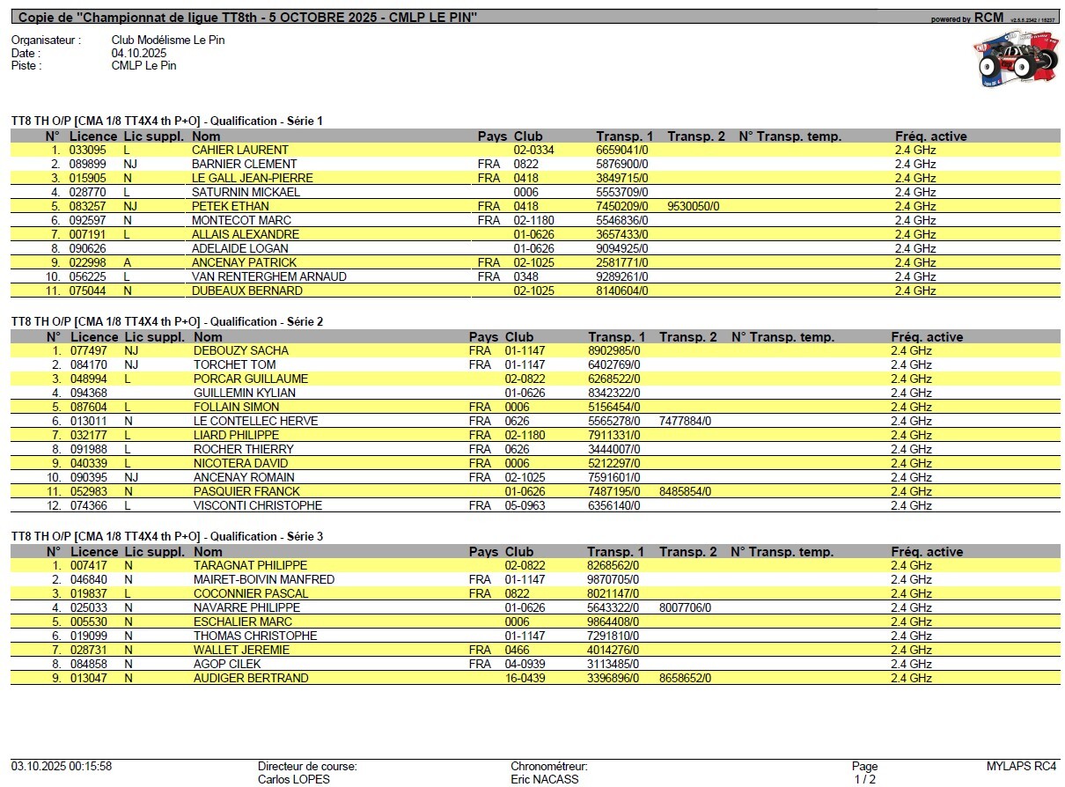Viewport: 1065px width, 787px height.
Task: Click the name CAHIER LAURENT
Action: pyautogui.click(x=239, y=150)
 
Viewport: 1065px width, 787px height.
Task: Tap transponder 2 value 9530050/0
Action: pyautogui.click(x=694, y=206)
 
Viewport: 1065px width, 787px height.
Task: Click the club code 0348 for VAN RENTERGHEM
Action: pyautogui.click(x=526, y=276)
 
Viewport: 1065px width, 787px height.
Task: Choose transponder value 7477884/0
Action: pyautogui.click(x=685, y=421)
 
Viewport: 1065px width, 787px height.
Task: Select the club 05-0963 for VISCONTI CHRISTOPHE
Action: pyautogui.click(x=525, y=505)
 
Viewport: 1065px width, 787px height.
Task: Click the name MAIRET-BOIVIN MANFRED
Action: pyautogui.click(x=264, y=579)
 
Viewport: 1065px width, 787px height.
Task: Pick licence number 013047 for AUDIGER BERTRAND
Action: pyautogui.click(x=88, y=678)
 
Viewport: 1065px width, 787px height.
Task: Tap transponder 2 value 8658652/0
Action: pyautogui.click(x=685, y=678)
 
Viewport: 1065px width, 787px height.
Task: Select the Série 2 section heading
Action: pyautogui.click(x=167, y=322)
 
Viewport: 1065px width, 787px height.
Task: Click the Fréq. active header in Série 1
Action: pyautogui.click(x=930, y=136)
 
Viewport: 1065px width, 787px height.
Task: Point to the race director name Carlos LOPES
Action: pyautogui.click(x=294, y=779)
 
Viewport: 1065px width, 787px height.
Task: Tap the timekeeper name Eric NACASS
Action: pyautogui.click(x=545, y=779)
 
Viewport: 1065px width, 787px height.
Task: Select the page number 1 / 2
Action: pyautogui.click(x=864, y=779)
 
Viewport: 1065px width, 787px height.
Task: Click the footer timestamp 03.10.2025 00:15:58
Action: pyautogui.click(x=62, y=766)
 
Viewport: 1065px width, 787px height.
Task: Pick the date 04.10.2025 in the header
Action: pyautogui.click(x=139, y=53)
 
